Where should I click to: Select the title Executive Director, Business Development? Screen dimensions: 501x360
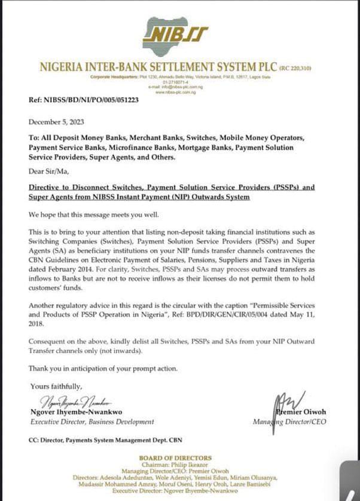point(92,422)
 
